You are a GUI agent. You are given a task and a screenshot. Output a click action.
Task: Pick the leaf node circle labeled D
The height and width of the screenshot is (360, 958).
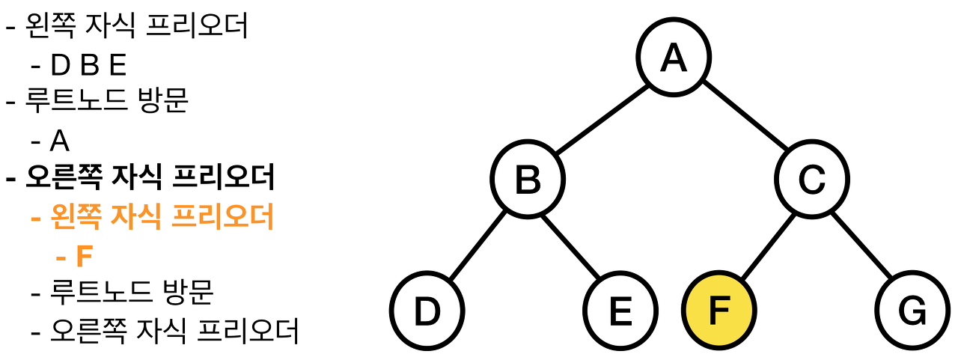[427, 311]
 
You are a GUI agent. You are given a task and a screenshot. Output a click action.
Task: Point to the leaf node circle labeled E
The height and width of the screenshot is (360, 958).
[620, 311]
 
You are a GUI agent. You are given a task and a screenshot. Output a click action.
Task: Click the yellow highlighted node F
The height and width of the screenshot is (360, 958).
[718, 311]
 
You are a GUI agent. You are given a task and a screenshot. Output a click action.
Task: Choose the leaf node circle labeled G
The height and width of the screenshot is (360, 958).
[912, 311]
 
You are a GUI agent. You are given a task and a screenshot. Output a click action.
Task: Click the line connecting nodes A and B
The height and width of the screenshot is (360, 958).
[601, 118]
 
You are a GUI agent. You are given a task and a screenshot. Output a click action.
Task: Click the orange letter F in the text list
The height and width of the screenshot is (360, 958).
[85, 257]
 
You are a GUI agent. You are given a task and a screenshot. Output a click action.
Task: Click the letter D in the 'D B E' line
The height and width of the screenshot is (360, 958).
[60, 66]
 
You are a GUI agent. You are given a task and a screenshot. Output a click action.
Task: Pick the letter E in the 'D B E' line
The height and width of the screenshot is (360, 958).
[118, 66]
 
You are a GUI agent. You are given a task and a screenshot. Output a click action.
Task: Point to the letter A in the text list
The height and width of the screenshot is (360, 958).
[60, 141]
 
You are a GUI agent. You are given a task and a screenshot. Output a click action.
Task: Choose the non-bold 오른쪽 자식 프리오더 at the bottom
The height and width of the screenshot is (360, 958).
[174, 331]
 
